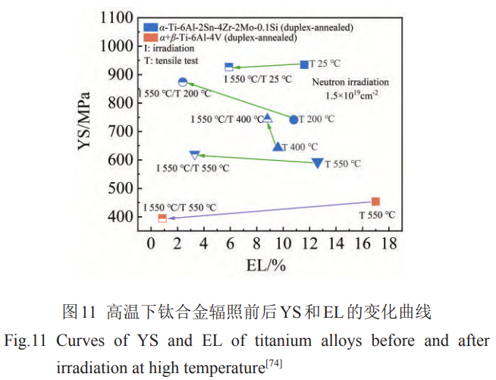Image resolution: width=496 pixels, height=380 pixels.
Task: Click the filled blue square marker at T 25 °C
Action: pos(304,65)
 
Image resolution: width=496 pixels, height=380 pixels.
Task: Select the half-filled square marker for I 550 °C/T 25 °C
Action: pos(229,68)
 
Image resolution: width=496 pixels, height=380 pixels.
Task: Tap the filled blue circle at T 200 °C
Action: pos(294,119)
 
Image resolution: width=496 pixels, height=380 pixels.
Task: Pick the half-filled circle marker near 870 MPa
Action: pos(183,82)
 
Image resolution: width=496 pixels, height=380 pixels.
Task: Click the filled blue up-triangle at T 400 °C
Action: pos(278,146)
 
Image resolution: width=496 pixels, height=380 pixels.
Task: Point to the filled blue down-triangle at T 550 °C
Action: pos(318,163)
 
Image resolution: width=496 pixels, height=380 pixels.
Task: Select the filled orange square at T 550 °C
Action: pos(375,202)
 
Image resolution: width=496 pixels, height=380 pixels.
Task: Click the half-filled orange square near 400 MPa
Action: pos(162,218)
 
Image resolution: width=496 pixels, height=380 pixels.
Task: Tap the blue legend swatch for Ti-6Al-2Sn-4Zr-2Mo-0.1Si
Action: pos(150,27)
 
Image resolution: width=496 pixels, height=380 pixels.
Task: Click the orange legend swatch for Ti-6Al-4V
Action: pos(150,37)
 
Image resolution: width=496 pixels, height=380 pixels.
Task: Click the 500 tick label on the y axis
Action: pos(119,188)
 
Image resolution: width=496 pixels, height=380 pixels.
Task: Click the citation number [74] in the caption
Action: pos(273,364)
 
